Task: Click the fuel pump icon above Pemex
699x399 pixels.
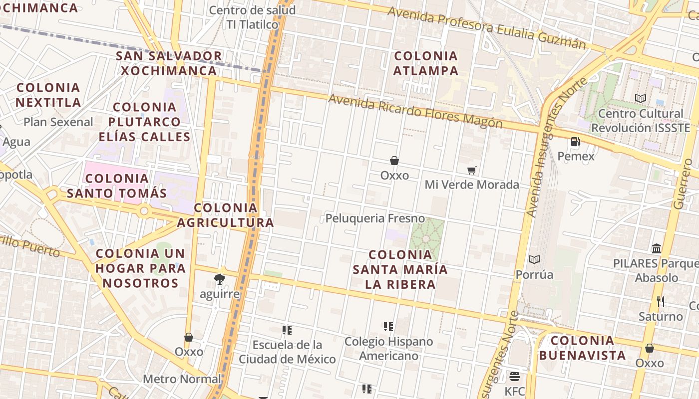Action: tap(575, 142)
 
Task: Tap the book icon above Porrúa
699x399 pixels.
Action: tap(534, 259)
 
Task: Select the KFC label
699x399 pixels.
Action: tap(515, 391)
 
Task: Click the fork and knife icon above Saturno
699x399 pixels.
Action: tap(660, 301)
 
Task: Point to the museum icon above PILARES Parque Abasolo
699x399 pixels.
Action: tap(657, 248)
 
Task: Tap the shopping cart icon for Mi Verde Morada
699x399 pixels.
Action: tap(472, 170)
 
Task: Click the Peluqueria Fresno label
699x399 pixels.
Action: tap(375, 218)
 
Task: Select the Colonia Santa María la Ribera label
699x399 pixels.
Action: tap(400, 269)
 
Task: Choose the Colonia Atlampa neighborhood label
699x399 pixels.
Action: tap(425, 63)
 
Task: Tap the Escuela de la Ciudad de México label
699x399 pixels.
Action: tap(287, 352)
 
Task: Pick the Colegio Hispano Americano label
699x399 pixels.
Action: tap(388, 349)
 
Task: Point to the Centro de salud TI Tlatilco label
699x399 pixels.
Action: tap(252, 17)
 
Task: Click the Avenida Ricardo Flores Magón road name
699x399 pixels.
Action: tap(415, 111)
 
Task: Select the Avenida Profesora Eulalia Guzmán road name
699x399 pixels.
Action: tap(486, 27)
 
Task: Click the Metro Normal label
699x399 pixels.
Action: tap(182, 379)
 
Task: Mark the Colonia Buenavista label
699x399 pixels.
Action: tap(582, 348)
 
